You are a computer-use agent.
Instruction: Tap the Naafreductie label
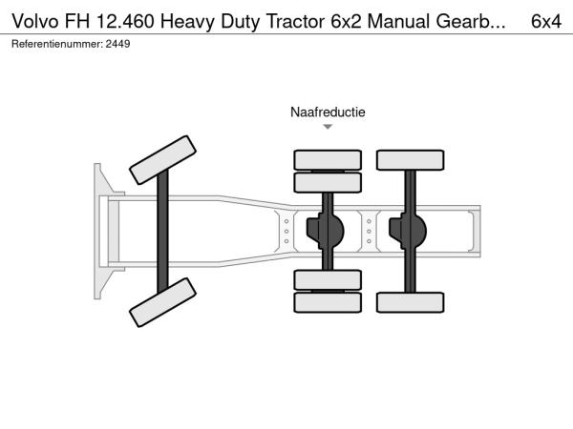[x=328, y=112]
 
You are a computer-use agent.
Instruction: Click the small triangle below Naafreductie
[x=328, y=126]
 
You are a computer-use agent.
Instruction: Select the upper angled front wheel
[x=162, y=159]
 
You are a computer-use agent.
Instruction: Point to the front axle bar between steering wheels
[x=163, y=232]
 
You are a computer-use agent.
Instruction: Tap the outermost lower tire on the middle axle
[x=328, y=302]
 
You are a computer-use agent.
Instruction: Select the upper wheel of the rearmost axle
[x=410, y=159]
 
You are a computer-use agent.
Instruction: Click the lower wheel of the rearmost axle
[x=410, y=302]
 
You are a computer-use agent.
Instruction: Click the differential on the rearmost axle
[x=410, y=231]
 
